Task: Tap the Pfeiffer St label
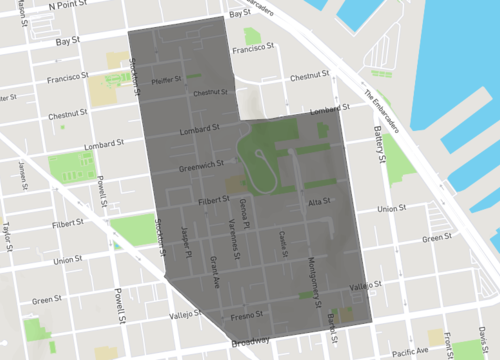pos(166,79)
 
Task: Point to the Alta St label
pos(320,202)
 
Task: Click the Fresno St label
pos(245,317)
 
